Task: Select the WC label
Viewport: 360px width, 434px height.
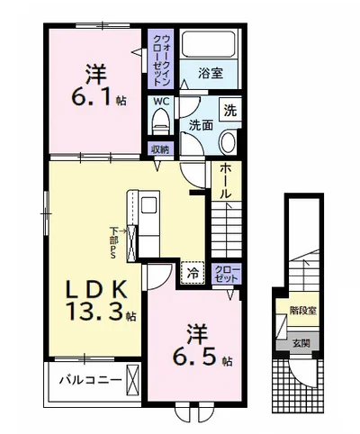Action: (159, 103)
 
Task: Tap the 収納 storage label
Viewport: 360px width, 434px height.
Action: (160, 149)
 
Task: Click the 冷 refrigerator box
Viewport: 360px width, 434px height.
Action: (192, 269)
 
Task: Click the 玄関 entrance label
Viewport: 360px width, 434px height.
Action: (299, 343)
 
